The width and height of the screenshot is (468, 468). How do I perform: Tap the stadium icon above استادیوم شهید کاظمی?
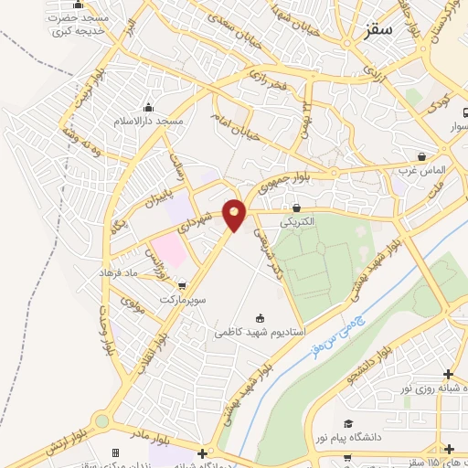[261, 318]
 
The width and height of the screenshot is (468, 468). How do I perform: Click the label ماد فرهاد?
[144, 273]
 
